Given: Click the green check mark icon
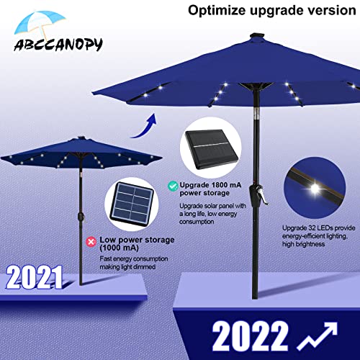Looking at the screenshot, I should tap(173, 185).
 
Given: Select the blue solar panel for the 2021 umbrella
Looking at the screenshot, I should tap(132, 203).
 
